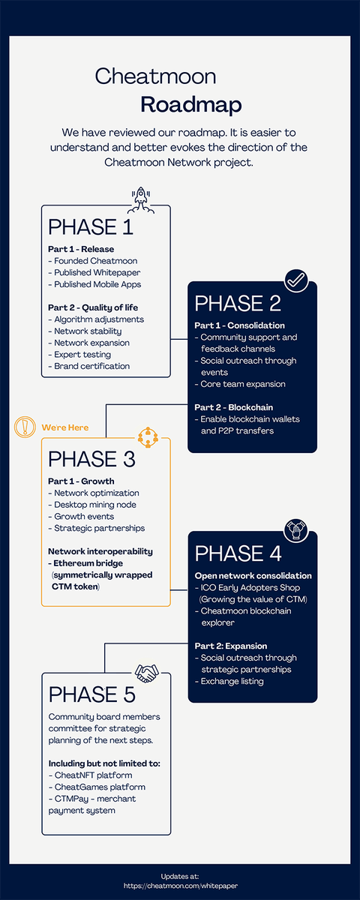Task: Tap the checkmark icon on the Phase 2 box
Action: point(295,280)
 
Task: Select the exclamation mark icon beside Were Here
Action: point(25,427)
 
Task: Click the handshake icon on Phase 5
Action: point(146,673)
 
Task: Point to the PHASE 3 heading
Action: point(92,459)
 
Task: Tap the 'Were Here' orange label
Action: point(65,427)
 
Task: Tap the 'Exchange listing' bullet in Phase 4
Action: point(235,682)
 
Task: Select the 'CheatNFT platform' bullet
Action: point(94,775)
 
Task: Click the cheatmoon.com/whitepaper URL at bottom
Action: point(181,886)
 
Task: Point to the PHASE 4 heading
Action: point(238,554)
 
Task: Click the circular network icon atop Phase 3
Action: point(148,437)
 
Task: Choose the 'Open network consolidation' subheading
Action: point(253,576)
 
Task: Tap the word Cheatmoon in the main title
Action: point(155,76)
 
